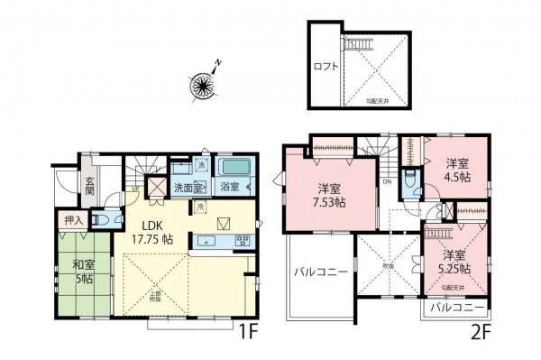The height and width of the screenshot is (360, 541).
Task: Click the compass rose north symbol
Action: (203, 83)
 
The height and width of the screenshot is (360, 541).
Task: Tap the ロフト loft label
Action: (326, 66)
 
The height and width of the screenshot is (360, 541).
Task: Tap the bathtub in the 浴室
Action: (235, 169)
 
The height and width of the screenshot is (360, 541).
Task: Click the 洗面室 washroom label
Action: (189, 188)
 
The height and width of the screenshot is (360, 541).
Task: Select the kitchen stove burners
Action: (243, 240)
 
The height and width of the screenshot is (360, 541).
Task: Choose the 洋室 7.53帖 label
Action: (330, 196)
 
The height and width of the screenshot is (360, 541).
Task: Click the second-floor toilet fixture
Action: (410, 187)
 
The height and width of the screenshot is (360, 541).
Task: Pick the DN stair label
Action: (386, 181)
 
